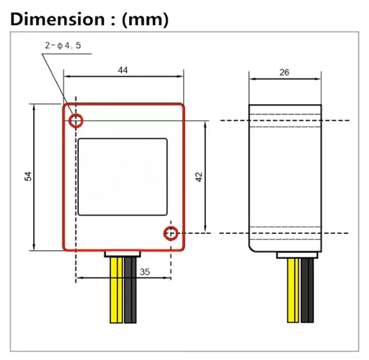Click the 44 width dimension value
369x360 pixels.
tap(123, 69)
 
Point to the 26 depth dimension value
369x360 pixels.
tap(284, 72)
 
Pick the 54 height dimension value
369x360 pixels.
tap(28, 176)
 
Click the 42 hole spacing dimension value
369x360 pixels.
tap(199, 177)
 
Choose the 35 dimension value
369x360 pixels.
tap(145, 272)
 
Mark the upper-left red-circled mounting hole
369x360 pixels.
tap(75, 120)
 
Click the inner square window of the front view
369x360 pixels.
tap(122, 176)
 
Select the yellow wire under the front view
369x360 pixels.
tap(116, 291)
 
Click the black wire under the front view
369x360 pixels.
tap(131, 291)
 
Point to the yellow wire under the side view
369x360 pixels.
tap(293, 291)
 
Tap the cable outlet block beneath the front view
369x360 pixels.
tap(123, 255)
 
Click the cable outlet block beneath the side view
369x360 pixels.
tap(299, 255)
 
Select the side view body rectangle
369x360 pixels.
tap(285, 177)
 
